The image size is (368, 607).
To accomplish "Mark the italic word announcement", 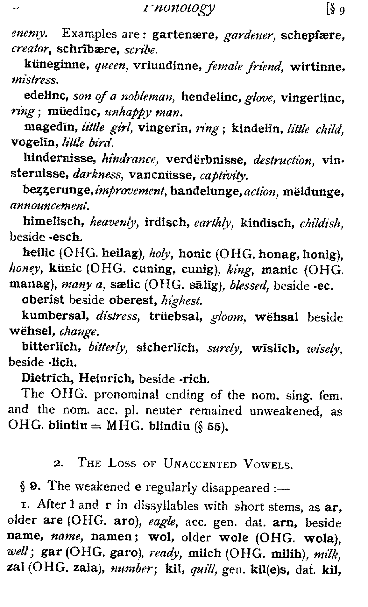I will click(49, 207).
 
